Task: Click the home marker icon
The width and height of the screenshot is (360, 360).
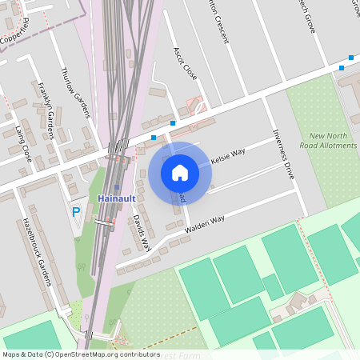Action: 180,172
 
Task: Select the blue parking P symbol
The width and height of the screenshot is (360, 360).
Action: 76,212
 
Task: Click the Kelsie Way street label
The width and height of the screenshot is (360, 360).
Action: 227,155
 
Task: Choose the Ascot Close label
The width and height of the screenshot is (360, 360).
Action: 185,63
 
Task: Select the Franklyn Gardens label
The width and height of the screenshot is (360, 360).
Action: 45,110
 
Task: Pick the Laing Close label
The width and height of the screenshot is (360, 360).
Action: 23,143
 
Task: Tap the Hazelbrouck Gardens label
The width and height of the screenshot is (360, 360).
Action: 37,251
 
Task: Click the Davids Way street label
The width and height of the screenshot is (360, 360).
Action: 141,233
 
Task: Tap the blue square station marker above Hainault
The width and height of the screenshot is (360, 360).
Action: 116,188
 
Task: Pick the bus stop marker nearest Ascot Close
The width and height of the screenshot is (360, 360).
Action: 173,122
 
